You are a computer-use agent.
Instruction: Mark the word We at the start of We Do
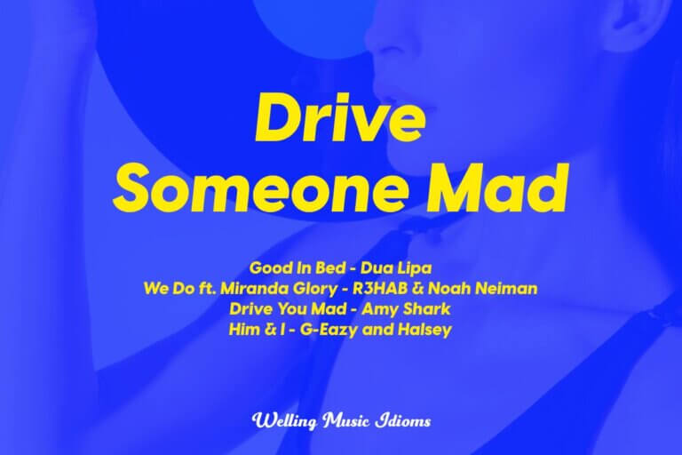[x=155, y=289]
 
